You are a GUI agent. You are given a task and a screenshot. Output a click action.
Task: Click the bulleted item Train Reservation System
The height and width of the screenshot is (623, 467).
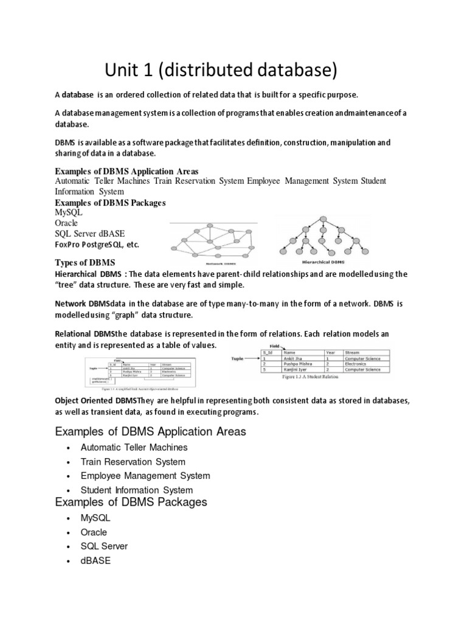coord(133,462)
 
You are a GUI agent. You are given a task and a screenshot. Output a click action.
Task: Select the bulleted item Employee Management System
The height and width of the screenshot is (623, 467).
coord(145,476)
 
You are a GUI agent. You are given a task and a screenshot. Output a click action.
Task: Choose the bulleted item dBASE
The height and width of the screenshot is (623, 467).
coord(96,561)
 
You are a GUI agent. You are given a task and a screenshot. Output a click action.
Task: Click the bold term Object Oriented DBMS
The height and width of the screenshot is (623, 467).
coord(96,402)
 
